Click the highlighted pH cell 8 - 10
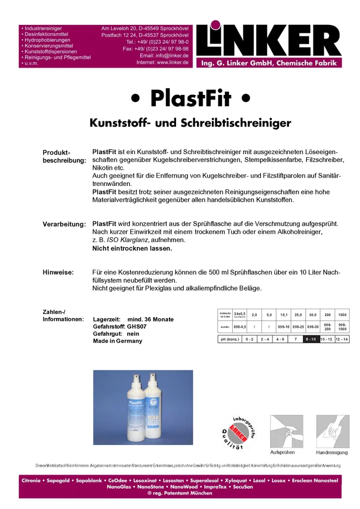311,339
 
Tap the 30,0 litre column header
313,314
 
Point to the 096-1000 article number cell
343,327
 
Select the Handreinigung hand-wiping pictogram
332,431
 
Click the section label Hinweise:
58,272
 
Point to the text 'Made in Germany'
117,341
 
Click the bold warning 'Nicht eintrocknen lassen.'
132,248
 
